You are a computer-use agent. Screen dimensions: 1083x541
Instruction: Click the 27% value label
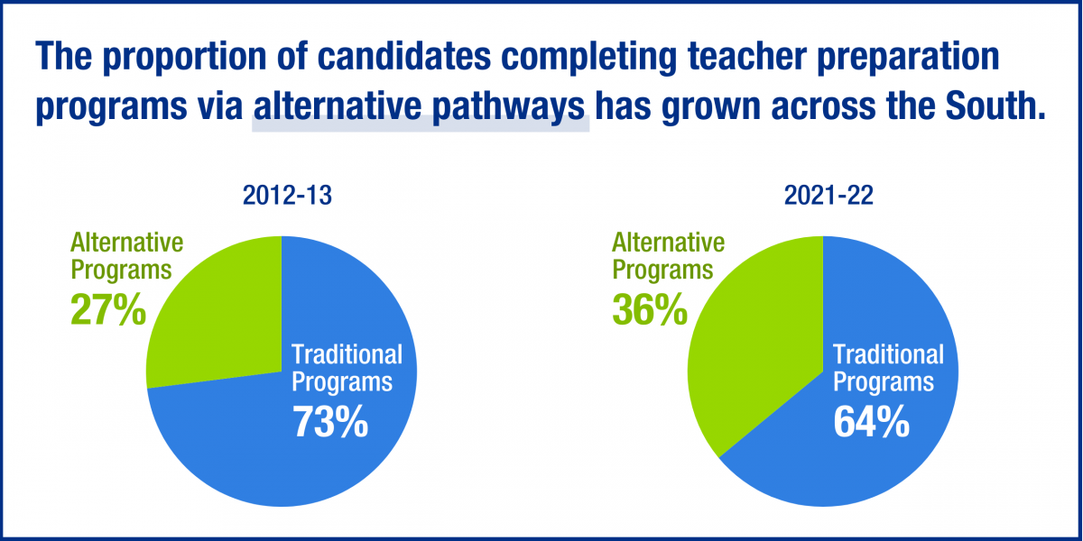point(108,309)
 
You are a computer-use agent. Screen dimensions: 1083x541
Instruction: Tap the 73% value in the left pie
point(330,422)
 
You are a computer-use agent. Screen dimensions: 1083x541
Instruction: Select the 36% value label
point(650,309)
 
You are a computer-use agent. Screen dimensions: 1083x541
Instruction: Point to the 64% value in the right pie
point(871,422)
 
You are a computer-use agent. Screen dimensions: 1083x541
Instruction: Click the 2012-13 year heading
point(287,196)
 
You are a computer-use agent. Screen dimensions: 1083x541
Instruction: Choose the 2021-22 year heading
point(828,196)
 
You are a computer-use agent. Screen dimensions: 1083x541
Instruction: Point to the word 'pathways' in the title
point(509,107)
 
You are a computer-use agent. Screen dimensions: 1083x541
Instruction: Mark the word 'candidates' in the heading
point(404,55)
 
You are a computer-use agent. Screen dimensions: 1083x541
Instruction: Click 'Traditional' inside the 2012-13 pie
point(347,355)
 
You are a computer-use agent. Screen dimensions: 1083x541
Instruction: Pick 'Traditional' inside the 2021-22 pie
point(888,355)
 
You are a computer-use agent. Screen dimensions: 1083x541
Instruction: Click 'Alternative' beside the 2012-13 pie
point(127,243)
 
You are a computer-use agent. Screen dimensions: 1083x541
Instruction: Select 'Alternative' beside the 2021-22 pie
point(668,243)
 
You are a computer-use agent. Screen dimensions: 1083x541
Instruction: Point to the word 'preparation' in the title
point(908,58)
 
